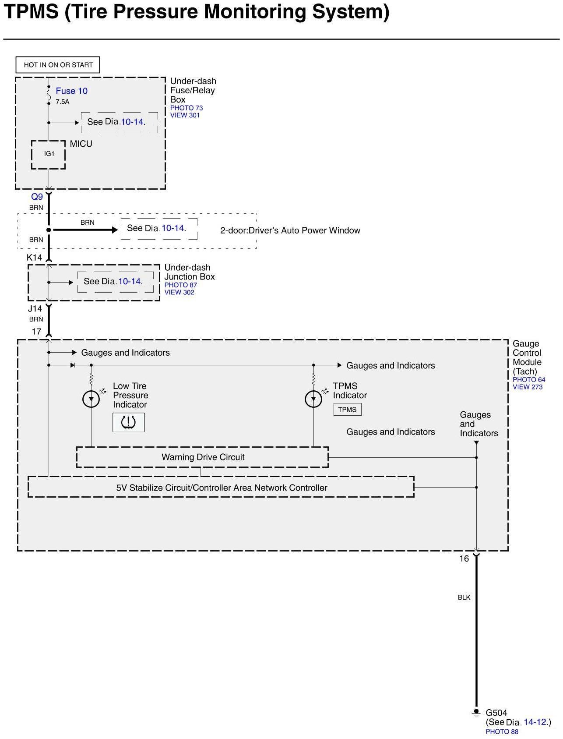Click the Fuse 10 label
(71, 91)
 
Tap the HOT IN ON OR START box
(58, 65)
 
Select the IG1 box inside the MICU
(49, 154)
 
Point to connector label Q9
(37, 197)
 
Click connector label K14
(35, 258)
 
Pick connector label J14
(35, 309)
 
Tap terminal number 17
(36, 332)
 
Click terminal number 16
(464, 559)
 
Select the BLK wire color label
(464, 598)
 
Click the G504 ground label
(496, 713)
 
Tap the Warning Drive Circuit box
(202, 457)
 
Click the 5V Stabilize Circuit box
(221, 488)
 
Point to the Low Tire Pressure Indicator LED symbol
(91, 399)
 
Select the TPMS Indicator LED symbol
(313, 399)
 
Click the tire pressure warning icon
(128, 422)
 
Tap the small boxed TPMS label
(347, 410)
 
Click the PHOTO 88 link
(502, 732)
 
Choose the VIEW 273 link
(528, 387)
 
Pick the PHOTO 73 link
(186, 108)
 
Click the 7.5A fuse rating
(63, 102)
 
